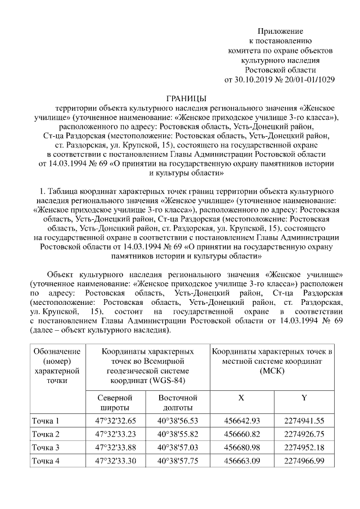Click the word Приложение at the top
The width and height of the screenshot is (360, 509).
[280, 31]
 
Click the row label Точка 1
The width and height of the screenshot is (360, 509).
[45, 421]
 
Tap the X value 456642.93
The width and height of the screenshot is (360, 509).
[242, 421]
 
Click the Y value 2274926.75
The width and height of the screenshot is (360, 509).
[304, 434]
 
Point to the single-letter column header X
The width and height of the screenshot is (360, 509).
[241, 398]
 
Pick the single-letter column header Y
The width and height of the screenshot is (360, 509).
[304, 398]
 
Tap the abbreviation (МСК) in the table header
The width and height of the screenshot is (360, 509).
[272, 371]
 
